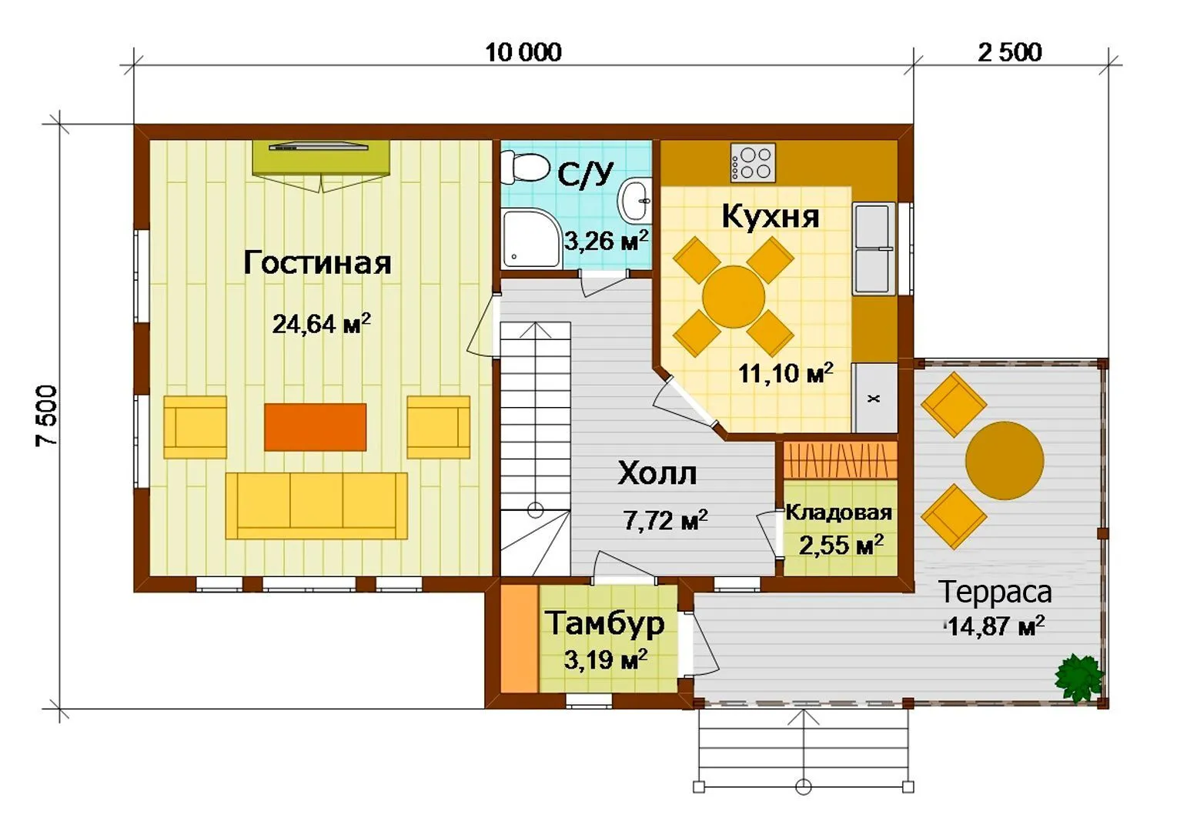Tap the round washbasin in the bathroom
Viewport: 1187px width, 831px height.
[x=634, y=202]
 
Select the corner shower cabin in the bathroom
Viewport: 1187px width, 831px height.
[x=530, y=238]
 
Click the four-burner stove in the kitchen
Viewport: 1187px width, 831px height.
[x=753, y=162]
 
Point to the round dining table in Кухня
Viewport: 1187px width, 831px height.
[x=734, y=296]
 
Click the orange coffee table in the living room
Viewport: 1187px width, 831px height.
[x=316, y=427]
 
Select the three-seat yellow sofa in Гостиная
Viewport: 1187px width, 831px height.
[x=316, y=506]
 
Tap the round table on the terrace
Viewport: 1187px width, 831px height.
[x=1005, y=460]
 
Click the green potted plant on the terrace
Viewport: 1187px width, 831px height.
[x=1079, y=678]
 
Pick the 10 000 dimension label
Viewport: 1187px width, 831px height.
[x=523, y=53]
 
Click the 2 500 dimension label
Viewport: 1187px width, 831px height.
[x=1009, y=53]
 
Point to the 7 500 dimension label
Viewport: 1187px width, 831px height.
[x=47, y=415]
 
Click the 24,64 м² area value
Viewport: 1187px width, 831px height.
[x=321, y=324]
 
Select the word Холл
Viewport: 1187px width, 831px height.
[x=657, y=473]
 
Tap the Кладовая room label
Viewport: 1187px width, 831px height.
[x=838, y=512]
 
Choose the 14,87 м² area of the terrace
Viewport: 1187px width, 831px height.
[x=995, y=626]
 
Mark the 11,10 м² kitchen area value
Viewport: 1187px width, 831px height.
[x=785, y=373]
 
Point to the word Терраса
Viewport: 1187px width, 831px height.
[x=995, y=592]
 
